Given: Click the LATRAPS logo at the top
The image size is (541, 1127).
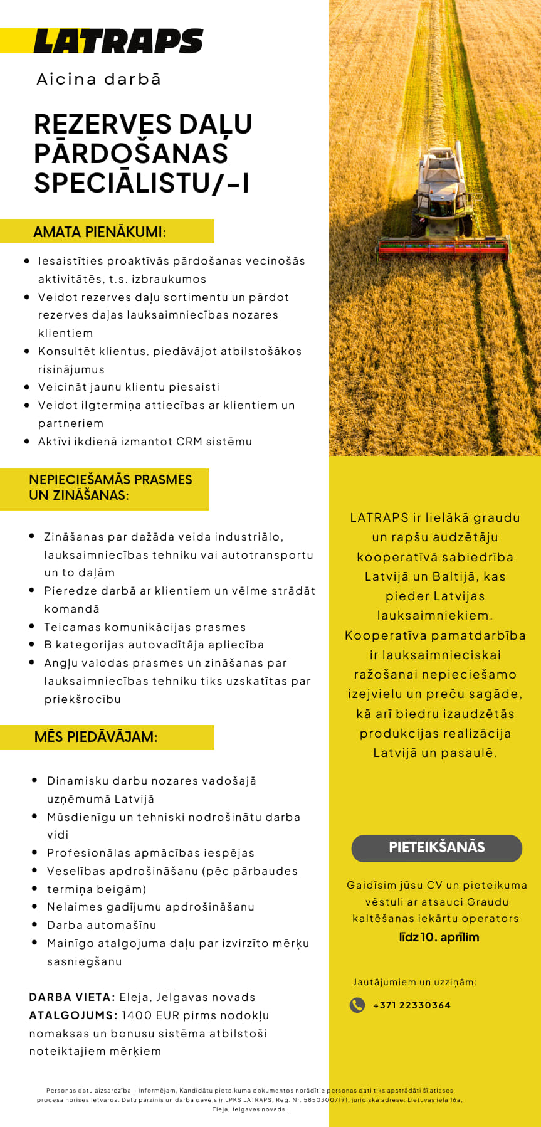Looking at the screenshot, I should [118, 41].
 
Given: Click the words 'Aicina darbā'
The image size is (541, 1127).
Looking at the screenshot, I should [99, 79].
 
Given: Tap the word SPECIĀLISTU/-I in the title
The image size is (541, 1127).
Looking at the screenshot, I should [142, 183].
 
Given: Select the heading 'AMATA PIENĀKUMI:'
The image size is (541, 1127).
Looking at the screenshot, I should [100, 231].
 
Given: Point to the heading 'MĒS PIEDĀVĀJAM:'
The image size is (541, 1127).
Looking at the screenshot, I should [96, 737].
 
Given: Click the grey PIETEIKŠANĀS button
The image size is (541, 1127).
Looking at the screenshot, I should [436, 848].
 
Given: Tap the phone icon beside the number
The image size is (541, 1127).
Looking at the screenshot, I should [357, 1005].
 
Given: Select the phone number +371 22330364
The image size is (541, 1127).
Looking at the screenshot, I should [411, 1005].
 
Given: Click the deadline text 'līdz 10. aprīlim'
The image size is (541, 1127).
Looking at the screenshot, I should [439, 938].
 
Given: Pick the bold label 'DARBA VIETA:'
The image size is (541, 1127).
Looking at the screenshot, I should [72, 997].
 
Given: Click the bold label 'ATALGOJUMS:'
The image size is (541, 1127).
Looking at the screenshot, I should [73, 1015].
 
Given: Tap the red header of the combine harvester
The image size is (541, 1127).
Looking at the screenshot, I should [443, 249].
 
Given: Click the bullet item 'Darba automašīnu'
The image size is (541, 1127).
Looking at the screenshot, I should [102, 925].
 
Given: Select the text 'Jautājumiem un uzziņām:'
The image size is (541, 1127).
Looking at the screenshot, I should [414, 982].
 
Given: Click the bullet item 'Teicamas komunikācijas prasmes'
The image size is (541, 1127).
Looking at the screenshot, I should [145, 627].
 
